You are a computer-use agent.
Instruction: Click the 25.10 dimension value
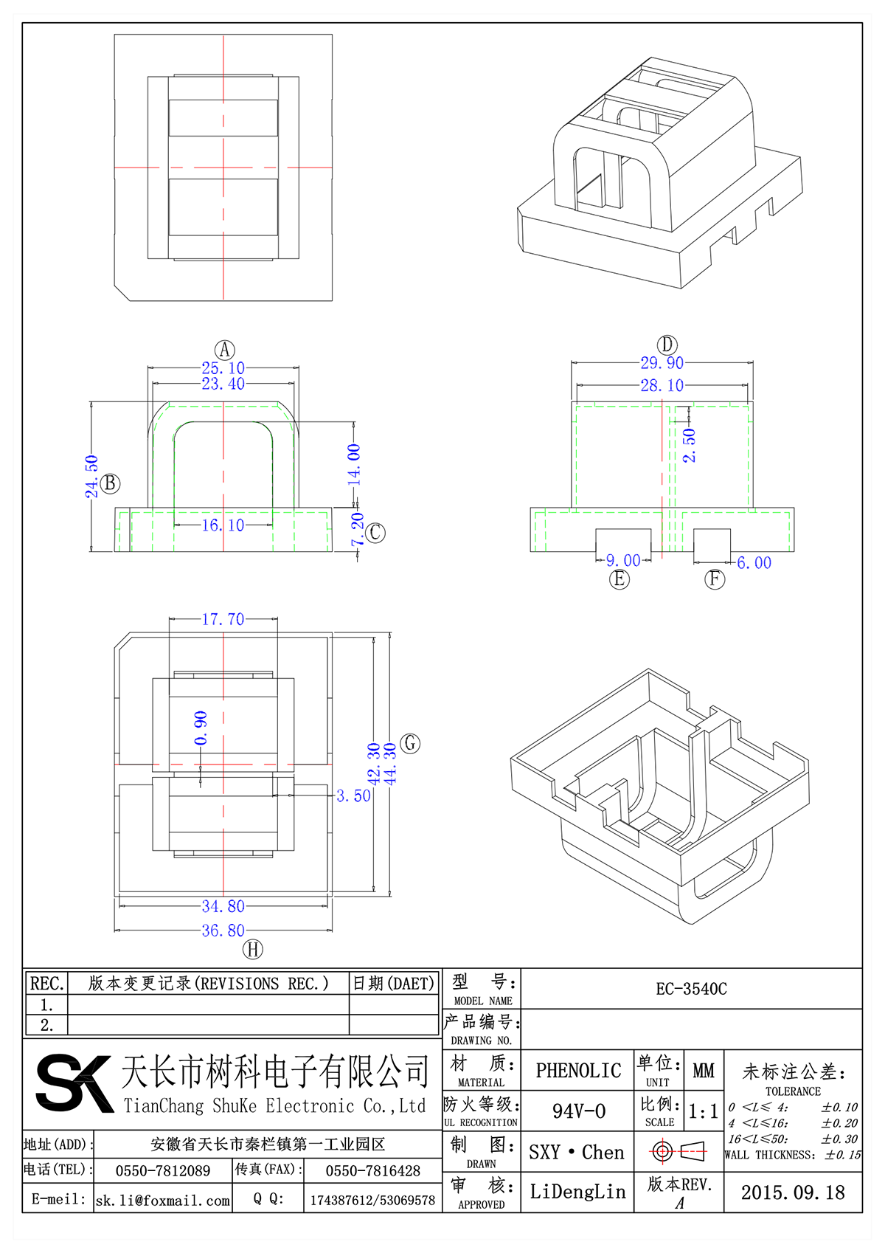(x=223, y=367)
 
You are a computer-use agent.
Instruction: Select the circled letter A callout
(x=224, y=350)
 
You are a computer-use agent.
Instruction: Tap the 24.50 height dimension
(x=91, y=476)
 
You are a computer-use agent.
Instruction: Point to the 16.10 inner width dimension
(x=223, y=525)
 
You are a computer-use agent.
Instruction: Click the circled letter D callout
(x=667, y=345)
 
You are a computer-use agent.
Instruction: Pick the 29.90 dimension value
(x=662, y=362)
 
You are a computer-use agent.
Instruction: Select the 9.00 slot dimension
(x=623, y=561)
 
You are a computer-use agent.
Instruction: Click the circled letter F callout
(x=715, y=579)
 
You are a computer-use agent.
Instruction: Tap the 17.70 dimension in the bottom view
(x=223, y=619)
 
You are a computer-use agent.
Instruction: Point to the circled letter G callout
(x=410, y=743)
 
